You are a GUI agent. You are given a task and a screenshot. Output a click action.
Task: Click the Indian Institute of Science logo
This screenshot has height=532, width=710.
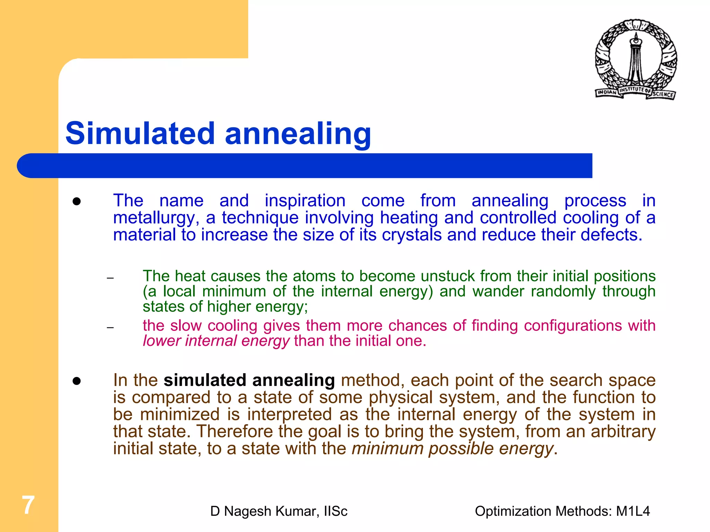click(636, 59)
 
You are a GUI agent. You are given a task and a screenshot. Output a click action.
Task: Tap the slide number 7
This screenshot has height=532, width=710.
click(28, 505)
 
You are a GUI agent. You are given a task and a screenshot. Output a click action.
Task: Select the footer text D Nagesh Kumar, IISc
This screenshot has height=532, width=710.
click(279, 511)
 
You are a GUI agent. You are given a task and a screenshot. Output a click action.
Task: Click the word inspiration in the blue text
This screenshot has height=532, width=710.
click(305, 201)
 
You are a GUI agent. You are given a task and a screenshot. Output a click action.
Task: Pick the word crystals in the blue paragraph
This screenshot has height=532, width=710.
click(412, 235)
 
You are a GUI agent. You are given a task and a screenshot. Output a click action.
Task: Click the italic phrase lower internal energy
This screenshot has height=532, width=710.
click(216, 341)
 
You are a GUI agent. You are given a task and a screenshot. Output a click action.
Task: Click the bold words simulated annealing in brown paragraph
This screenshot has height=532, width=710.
click(249, 380)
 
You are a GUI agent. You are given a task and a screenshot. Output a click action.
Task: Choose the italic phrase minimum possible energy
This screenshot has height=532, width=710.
click(452, 448)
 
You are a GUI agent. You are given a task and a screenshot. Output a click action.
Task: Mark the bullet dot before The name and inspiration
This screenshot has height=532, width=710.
click(77, 201)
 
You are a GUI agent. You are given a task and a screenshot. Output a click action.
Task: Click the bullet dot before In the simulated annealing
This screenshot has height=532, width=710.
click(77, 381)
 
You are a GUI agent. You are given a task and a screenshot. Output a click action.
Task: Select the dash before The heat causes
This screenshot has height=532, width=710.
click(110, 278)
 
